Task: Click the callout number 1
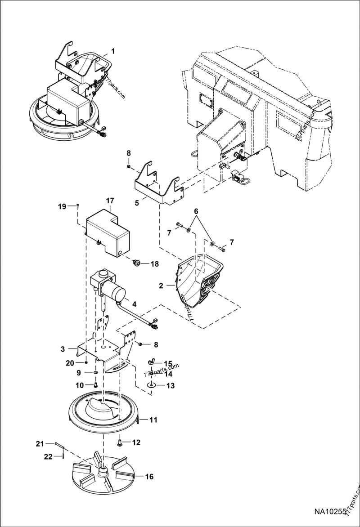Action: [x=112, y=51]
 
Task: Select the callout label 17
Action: [x=110, y=201]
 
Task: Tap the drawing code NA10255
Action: [x=330, y=512]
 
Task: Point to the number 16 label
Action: [x=148, y=477]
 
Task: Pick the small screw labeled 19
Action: [x=78, y=206]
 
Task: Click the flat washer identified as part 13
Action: [x=151, y=385]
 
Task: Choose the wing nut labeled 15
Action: [x=152, y=363]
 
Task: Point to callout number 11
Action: [x=153, y=420]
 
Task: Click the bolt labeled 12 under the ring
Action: [x=120, y=443]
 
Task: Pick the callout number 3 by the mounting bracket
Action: [x=63, y=348]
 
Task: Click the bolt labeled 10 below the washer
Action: [x=95, y=384]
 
